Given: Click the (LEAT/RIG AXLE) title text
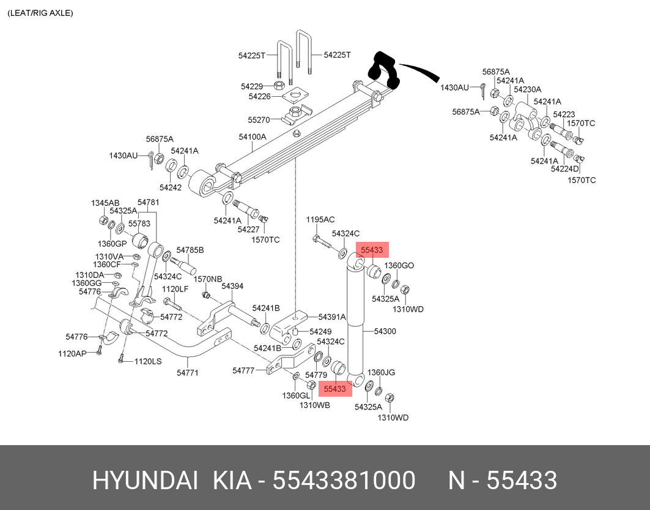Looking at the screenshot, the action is (40, 13).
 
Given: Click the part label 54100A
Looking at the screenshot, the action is (253, 137).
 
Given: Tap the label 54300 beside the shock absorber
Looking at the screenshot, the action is (385, 331).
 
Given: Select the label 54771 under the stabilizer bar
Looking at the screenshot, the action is (187, 372).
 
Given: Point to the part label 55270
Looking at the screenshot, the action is (259, 119).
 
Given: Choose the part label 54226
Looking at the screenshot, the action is (260, 96).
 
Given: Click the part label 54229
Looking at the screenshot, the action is (251, 86).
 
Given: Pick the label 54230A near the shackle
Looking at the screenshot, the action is (528, 89).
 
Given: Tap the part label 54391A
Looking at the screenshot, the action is (332, 317).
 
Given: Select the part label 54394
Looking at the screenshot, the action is (232, 286).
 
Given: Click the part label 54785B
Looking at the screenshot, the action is (190, 250).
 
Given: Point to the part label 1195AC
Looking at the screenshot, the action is (320, 219).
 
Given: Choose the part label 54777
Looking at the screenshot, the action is (243, 370).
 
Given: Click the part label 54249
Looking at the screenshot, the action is (320, 331).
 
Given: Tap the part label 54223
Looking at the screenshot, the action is (564, 114).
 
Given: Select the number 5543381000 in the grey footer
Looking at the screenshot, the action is (344, 481).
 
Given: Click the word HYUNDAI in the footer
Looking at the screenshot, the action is (145, 481).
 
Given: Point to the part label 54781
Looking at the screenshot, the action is (148, 202).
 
